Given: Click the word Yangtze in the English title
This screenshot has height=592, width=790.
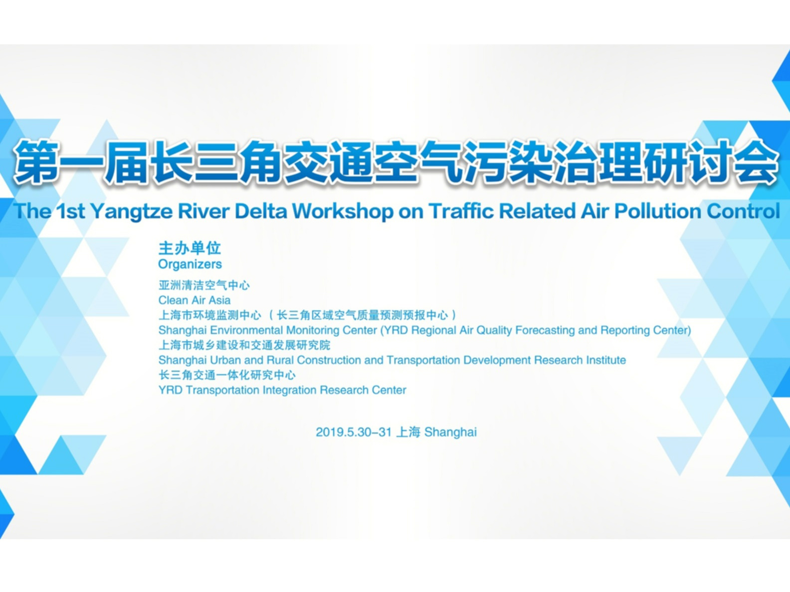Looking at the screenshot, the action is [132, 212].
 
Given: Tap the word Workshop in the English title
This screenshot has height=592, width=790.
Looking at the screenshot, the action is [342, 211].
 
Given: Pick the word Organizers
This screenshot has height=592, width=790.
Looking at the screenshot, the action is [190, 265].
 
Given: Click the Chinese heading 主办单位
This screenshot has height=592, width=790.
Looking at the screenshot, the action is [190, 248].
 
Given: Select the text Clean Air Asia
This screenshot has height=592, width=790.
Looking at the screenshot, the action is [195, 300].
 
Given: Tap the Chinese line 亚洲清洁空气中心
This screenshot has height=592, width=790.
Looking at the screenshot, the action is [204, 286].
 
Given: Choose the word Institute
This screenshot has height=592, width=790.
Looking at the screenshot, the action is [606, 360].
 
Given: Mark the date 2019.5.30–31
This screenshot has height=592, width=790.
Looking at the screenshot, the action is [354, 432].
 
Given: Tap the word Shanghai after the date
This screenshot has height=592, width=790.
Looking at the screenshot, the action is [450, 433].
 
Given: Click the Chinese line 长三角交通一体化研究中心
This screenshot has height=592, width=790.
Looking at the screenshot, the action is [227, 375].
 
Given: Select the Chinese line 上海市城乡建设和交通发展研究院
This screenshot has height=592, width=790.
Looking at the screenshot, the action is [244, 345].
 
